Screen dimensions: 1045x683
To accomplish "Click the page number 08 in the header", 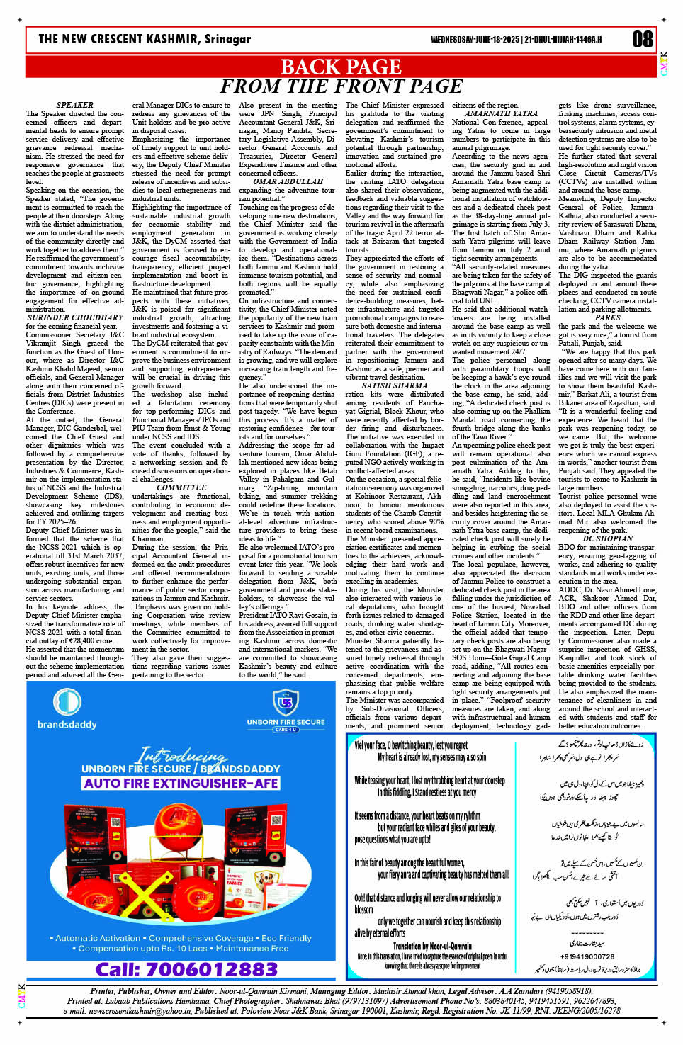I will tap(642, 39).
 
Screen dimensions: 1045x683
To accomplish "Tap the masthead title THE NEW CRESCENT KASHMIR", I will tap(145, 39).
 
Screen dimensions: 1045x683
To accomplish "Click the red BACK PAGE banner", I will tap(341, 67).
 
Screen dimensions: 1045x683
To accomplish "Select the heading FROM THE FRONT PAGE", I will tap(341, 86).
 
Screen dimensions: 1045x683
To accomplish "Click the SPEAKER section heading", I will tap(74, 105).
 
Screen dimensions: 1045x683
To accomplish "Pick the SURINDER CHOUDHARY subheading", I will tap(74, 317).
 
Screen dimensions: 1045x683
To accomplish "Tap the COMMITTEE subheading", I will tap(181, 487).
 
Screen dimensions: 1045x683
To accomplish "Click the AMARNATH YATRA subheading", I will tap(501, 113).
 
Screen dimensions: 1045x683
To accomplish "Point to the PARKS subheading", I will tap(607, 317).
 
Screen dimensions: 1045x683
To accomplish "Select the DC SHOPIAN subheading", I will tap(607, 538).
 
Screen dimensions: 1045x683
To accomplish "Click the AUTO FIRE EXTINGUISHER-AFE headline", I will tap(181, 783).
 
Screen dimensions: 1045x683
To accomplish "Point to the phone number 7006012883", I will tap(187, 968).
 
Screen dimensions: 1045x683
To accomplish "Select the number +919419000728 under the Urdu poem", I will tap(587, 956).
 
